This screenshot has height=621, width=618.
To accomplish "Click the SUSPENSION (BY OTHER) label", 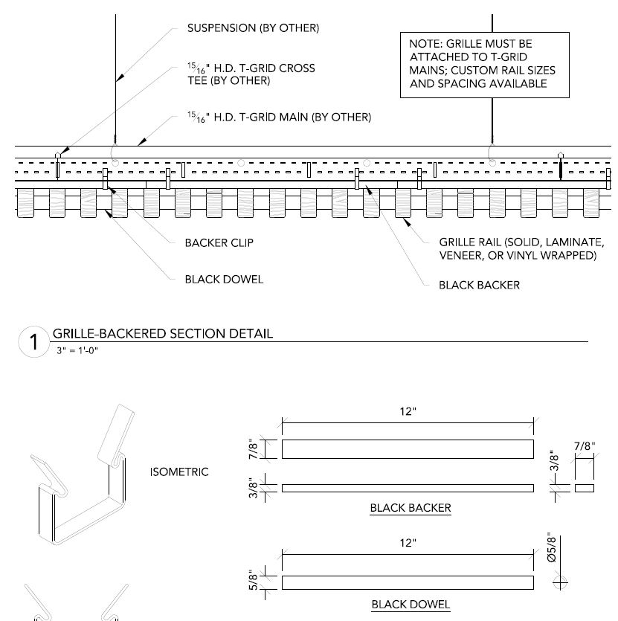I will [x=253, y=28].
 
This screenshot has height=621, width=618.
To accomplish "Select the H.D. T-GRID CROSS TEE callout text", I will [x=251, y=74].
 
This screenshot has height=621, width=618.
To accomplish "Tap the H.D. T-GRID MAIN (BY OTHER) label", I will [x=279, y=117].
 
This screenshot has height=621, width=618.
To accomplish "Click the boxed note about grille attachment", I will [x=485, y=64].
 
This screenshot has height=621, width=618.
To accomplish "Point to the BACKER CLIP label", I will [x=219, y=242].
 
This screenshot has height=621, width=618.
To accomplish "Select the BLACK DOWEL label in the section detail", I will [x=224, y=280].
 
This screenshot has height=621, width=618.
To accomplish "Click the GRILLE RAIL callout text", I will [x=521, y=249].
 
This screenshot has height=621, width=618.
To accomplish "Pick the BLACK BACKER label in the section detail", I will [x=479, y=285].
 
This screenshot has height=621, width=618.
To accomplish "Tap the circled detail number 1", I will [x=33, y=343].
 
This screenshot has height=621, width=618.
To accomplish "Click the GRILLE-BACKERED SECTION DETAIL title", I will [x=162, y=333].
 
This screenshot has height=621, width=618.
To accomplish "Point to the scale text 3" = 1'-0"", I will [x=77, y=350].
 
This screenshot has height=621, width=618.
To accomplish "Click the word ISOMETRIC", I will [x=179, y=472].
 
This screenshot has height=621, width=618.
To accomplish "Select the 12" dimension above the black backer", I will [x=408, y=412].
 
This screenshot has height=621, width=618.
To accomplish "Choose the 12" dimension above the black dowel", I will [x=408, y=543].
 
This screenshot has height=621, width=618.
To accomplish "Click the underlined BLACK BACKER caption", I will [x=411, y=509].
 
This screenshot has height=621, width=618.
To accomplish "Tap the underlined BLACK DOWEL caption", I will [x=411, y=604].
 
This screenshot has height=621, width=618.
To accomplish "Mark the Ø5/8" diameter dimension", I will [x=551, y=547].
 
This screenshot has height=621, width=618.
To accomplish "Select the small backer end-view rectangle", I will [x=585, y=488].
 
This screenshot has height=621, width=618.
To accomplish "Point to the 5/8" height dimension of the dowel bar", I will [x=254, y=581].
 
